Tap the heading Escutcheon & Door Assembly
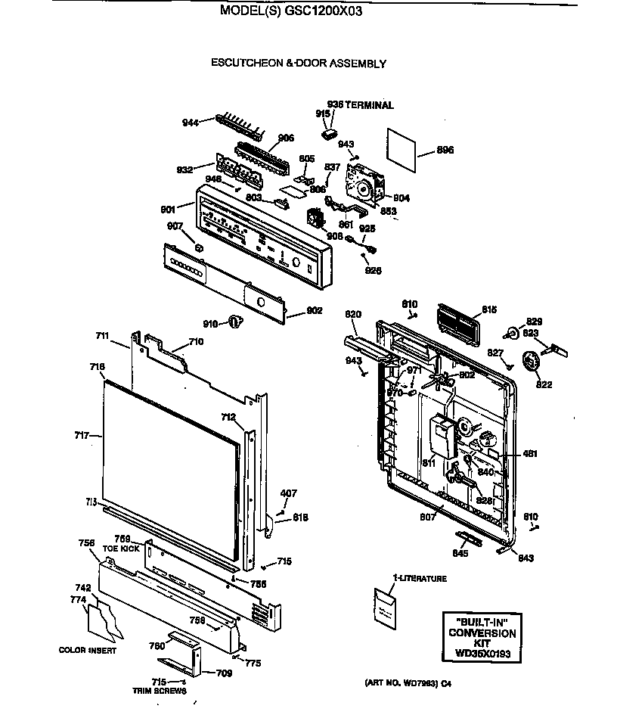pyautogui.click(x=298, y=64)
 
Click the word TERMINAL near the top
pyautogui.click(x=370, y=105)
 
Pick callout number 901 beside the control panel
pyautogui.click(x=167, y=209)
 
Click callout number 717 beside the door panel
pyautogui.click(x=82, y=435)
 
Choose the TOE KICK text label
pyautogui.click(x=120, y=548)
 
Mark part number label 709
pyautogui.click(x=224, y=672)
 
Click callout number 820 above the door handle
pyautogui.click(x=353, y=314)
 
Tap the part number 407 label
pyautogui.click(x=288, y=494)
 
